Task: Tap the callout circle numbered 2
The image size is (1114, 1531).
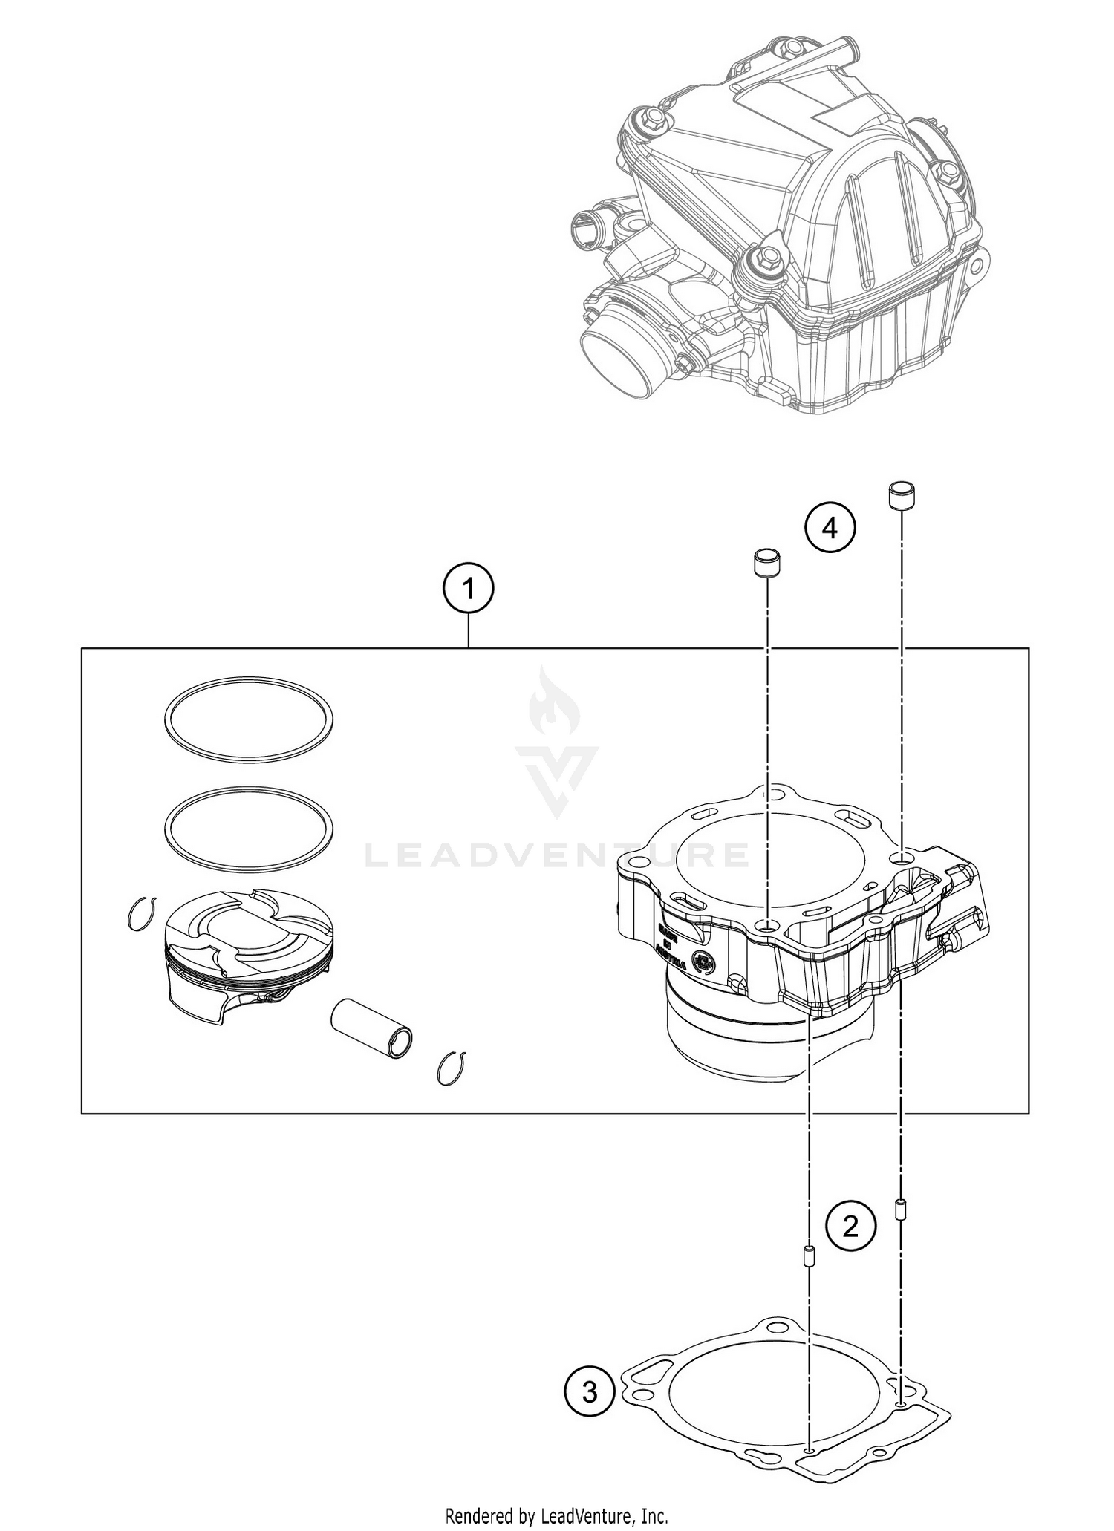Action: (x=850, y=1226)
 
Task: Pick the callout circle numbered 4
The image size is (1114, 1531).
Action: (x=830, y=529)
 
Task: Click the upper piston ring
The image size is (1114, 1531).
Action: (x=248, y=719)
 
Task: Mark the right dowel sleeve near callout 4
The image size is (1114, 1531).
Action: (x=901, y=495)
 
